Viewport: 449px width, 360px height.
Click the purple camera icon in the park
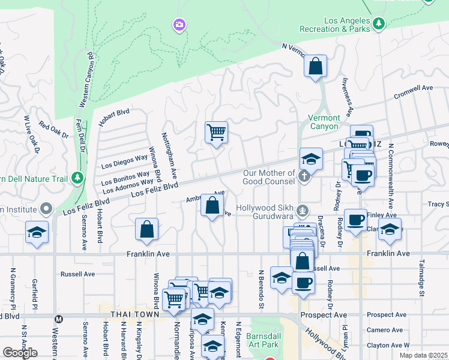(178, 25)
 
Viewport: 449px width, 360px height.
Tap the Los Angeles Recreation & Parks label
(347, 24)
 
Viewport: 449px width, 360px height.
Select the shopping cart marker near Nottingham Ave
(216, 131)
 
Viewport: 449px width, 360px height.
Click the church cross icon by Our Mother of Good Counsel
(304, 176)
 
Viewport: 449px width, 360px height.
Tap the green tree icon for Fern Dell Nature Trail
(77, 178)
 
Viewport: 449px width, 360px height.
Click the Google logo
(20, 353)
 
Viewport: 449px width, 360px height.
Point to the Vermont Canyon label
(324, 122)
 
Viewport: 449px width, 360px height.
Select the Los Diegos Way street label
(124, 161)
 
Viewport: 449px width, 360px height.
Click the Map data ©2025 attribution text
(423, 355)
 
